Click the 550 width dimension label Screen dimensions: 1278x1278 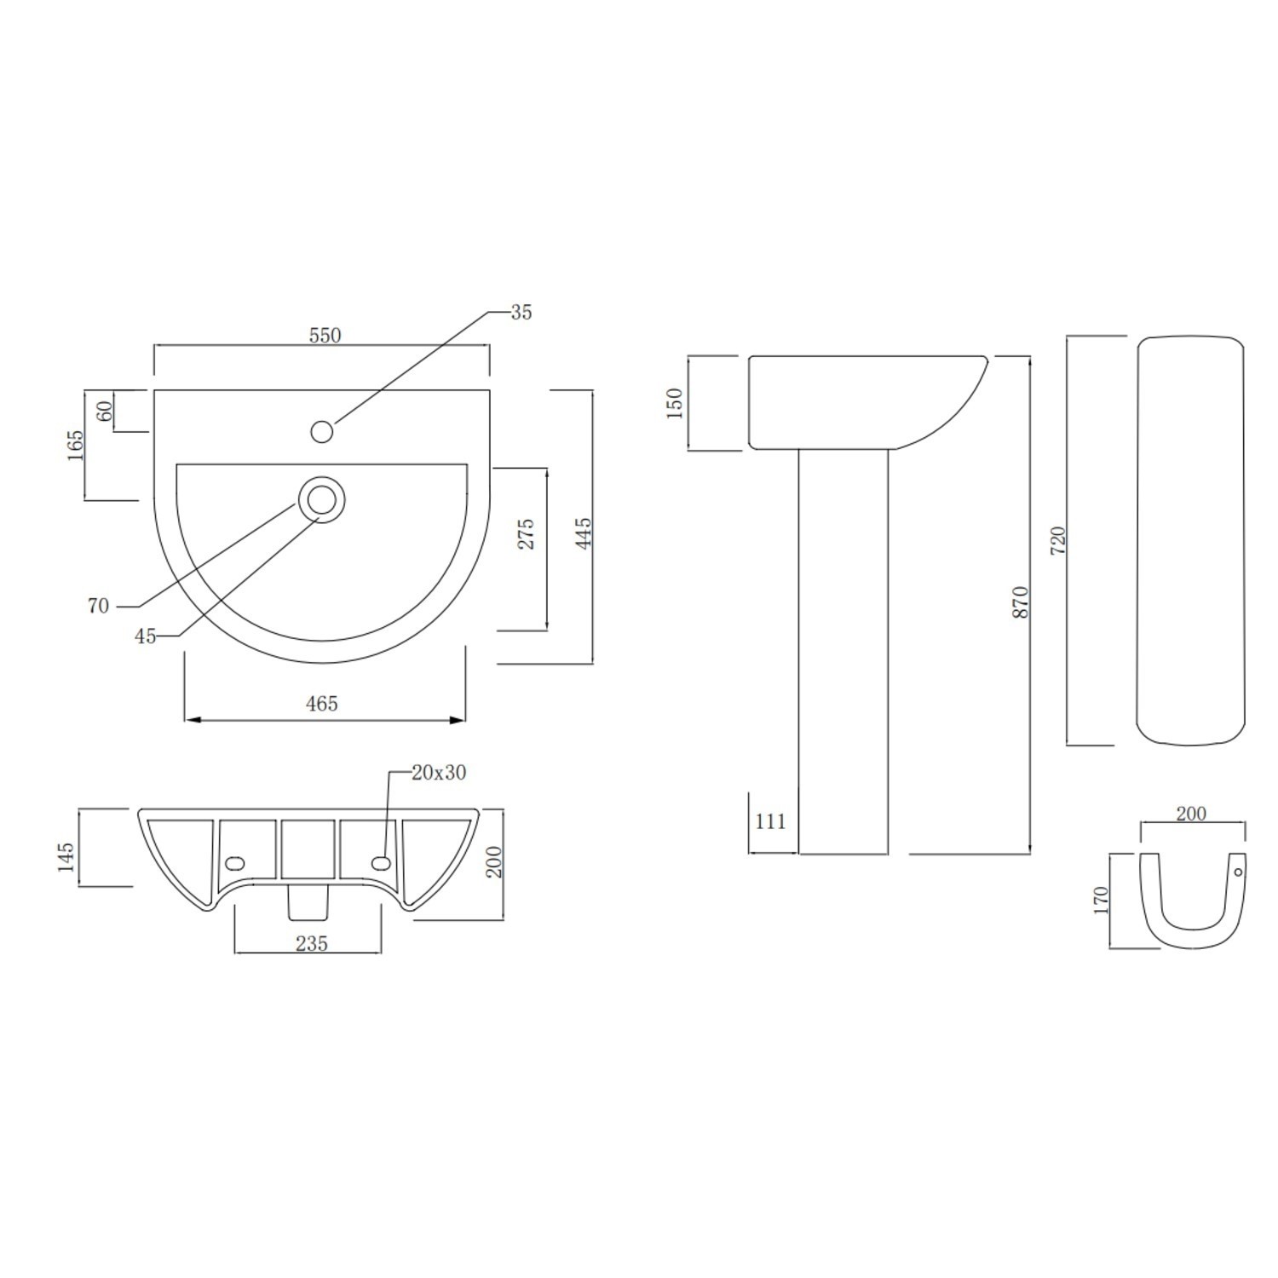[x=325, y=336]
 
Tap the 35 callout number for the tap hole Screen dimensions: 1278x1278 [x=521, y=313]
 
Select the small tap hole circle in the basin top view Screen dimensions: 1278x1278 [x=321, y=432]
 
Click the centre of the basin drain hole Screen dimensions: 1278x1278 [x=321, y=500]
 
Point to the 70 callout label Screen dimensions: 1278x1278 [x=98, y=606]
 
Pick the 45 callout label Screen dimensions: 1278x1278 [x=146, y=636]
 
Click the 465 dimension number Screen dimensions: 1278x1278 [x=322, y=704]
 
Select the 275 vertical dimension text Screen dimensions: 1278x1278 [x=527, y=533]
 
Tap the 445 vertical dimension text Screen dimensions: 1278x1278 [x=584, y=533]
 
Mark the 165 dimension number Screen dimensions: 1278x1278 [x=75, y=446]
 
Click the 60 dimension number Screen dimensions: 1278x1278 [x=105, y=412]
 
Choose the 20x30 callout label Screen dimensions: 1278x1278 [x=439, y=773]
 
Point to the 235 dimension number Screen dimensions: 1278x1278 [x=312, y=943]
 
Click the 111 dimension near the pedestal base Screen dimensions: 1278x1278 [x=770, y=821]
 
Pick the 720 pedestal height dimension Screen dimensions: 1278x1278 [x=1059, y=542]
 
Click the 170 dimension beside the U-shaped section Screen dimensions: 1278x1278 [x=1101, y=901]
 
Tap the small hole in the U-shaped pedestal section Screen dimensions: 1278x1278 [x=1239, y=872]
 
